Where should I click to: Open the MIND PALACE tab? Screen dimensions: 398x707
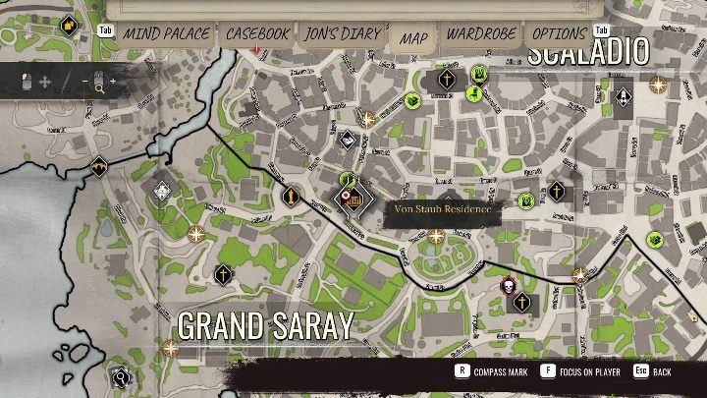pyautogui.click(x=165, y=33)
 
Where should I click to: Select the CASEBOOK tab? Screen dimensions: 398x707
pyautogui.click(x=257, y=33)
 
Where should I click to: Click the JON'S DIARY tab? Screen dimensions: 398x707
pyautogui.click(x=343, y=33)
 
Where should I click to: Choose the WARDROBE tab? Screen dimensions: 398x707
pyautogui.click(x=481, y=33)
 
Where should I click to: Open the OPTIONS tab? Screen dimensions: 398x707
pyautogui.click(x=559, y=33)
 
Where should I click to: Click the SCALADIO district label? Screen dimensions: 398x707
pyautogui.click(x=588, y=52)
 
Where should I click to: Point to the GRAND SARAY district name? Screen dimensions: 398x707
pyautogui.click(x=265, y=326)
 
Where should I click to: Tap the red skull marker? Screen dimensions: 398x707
pyautogui.click(x=509, y=286)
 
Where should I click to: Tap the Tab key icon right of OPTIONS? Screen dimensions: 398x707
pyautogui.click(x=603, y=30)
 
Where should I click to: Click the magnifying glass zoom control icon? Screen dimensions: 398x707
pyautogui.click(x=98, y=88)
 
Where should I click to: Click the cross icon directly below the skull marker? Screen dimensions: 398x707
pyautogui.click(x=522, y=303)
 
